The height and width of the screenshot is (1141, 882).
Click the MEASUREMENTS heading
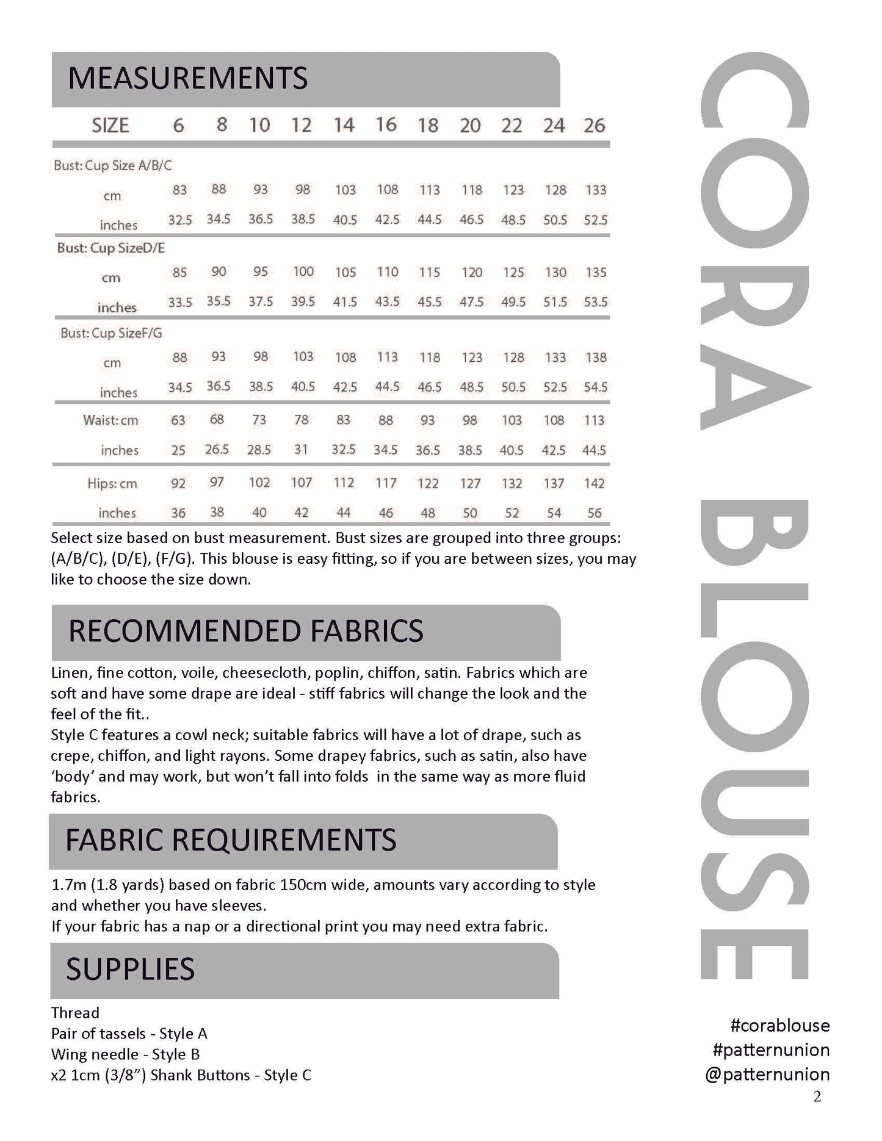[x=188, y=79]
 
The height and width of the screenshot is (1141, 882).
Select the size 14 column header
[x=344, y=125]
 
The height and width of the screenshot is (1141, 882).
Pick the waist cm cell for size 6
[x=178, y=420]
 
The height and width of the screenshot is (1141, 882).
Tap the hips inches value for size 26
[x=595, y=513]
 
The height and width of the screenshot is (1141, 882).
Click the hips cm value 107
[x=302, y=483]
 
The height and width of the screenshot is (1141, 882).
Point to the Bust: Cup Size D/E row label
[x=111, y=248]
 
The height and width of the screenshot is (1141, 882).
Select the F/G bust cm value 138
[x=596, y=357]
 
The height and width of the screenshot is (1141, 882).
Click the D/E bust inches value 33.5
[x=180, y=302]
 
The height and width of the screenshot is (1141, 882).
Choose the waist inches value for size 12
[x=302, y=450]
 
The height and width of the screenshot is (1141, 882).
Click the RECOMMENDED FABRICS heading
[x=245, y=631]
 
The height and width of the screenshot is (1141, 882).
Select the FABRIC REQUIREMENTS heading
[x=231, y=840]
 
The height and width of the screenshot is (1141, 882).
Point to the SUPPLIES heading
[x=130, y=969]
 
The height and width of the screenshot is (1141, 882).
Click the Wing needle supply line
[x=125, y=1054]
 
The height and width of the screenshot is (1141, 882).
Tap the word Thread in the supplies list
[x=75, y=1013]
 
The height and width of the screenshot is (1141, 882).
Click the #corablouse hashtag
[x=779, y=1025]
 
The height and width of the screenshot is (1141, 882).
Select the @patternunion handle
[x=767, y=1074]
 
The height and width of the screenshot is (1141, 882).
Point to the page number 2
[x=817, y=1097]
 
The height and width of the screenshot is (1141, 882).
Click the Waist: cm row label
[x=110, y=420]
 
